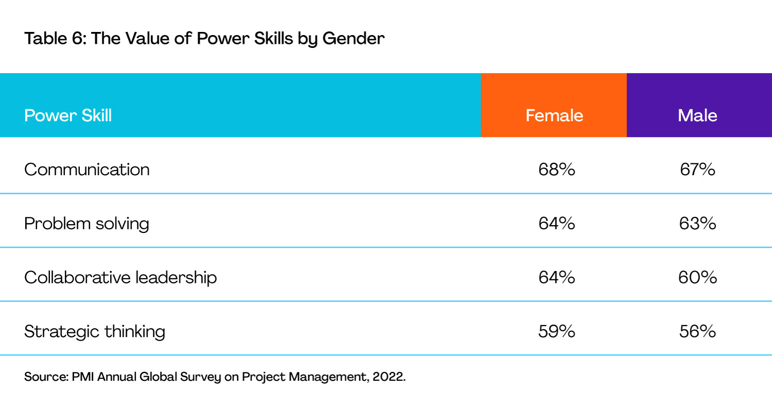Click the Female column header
click(x=554, y=115)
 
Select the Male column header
click(x=697, y=115)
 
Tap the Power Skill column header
click(x=68, y=115)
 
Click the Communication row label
click(x=87, y=170)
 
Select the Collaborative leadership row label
click(x=120, y=277)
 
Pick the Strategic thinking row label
click(x=94, y=331)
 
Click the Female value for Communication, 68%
click(x=556, y=170)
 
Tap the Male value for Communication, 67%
click(x=697, y=170)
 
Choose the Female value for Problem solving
click(x=556, y=223)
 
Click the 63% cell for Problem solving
click(x=697, y=223)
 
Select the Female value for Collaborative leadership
click(x=556, y=277)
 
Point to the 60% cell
click(x=697, y=277)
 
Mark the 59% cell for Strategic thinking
click(x=556, y=331)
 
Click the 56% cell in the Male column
click(x=697, y=331)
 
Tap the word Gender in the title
click(x=353, y=38)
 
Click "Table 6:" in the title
click(x=55, y=38)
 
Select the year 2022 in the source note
click(x=389, y=377)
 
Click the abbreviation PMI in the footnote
click(x=83, y=377)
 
